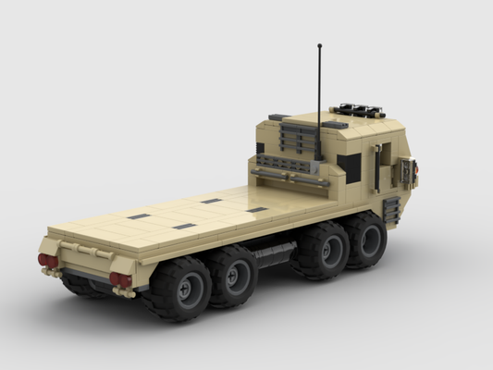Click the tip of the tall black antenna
[x=319, y=45]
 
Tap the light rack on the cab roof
[x=359, y=110]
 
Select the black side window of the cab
[x=349, y=166]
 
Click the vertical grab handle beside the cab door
[x=377, y=167]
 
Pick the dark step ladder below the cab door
[x=391, y=210]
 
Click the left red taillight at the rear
[x=48, y=261]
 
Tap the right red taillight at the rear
[x=120, y=279]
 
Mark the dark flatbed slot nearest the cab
[x=257, y=210]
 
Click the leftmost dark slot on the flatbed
[x=139, y=216]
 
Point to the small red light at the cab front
[x=416, y=167]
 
